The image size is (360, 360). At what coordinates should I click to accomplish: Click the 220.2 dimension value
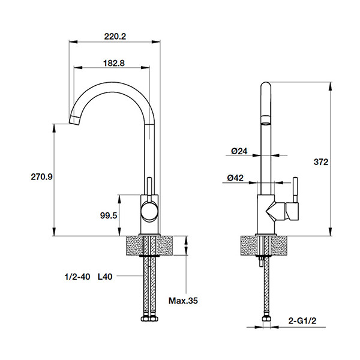tap(115, 36)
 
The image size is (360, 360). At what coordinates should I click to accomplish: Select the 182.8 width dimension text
tap(114, 63)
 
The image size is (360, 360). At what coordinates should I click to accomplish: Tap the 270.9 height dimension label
tap(42, 177)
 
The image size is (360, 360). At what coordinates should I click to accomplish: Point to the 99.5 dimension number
tap(109, 215)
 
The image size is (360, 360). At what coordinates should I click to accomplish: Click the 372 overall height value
tap(321, 162)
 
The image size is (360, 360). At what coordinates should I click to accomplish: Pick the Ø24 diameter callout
tap(239, 151)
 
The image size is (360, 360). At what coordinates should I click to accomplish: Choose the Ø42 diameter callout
tap(235, 178)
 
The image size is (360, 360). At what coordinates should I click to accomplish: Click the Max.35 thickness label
tap(183, 301)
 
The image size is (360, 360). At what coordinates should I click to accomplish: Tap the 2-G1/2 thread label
tap(302, 321)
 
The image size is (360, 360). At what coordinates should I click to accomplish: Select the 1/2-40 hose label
tap(77, 277)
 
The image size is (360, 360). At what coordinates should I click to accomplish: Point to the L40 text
tap(105, 277)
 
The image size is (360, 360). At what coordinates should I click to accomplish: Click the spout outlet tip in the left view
tap(74, 121)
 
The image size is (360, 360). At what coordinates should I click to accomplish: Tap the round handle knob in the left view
tap(149, 211)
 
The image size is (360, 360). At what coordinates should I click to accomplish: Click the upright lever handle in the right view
tap(295, 190)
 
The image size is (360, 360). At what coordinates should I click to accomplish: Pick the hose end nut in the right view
tap(266, 319)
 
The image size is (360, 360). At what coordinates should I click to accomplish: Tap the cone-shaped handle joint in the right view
tap(275, 211)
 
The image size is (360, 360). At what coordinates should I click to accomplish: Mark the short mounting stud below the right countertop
tap(260, 261)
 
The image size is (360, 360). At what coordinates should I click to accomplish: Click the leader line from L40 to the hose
tap(130, 276)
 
